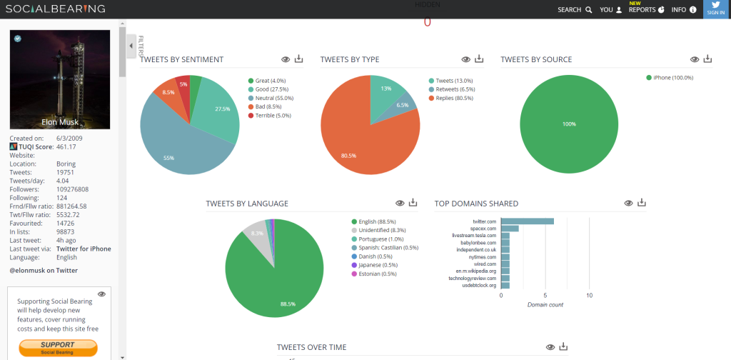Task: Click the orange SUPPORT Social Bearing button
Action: click(58, 347)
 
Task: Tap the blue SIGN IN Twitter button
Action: click(716, 9)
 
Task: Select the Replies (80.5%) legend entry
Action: click(452, 98)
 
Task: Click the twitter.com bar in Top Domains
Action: click(528, 221)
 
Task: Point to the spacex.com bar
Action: click(510, 229)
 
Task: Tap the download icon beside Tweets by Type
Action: click(479, 59)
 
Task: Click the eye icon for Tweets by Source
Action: click(694, 59)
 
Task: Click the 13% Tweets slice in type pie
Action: click(386, 89)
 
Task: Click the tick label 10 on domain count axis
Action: click(589, 295)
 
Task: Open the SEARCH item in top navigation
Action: click(575, 10)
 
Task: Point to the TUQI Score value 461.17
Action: click(66, 146)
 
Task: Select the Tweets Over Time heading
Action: click(311, 347)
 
